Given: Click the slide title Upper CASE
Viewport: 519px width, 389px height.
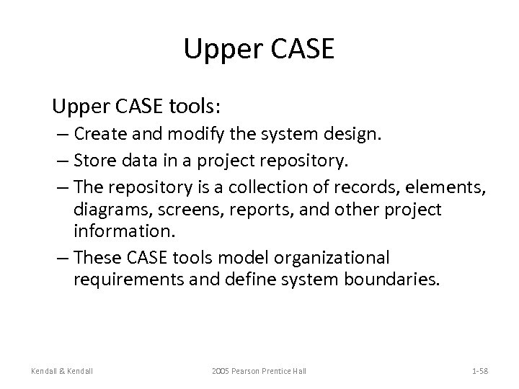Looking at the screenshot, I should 259,49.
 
